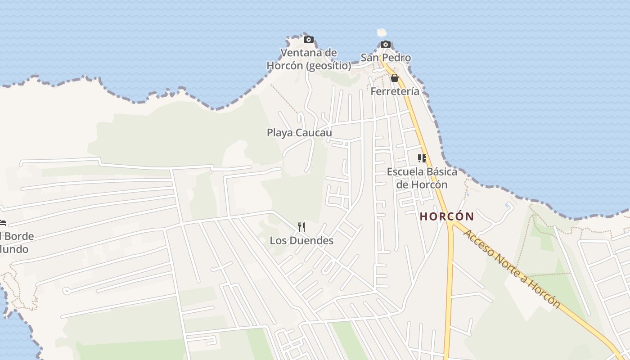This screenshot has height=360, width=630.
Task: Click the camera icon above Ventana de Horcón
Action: pos(308,40)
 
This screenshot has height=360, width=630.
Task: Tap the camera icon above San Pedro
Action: pos(386,44)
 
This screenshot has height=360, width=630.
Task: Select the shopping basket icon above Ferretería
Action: pos(395,78)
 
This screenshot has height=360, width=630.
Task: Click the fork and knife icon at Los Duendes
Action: pos(301,227)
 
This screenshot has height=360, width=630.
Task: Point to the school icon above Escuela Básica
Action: pos(422,158)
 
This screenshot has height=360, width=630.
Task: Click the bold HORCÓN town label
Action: pos(447,216)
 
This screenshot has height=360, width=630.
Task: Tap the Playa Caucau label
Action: pos(299,133)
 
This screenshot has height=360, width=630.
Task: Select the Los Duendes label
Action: pos(301,241)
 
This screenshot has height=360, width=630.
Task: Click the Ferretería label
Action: pos(395,91)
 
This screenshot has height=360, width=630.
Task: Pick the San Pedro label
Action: pos(386,58)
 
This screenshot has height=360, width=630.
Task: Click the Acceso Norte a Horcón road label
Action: pos(512,269)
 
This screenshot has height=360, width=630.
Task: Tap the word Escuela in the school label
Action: pos(405,171)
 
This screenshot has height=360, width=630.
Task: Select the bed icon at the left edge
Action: pos(2,223)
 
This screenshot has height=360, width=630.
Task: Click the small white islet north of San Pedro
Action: pos(382,32)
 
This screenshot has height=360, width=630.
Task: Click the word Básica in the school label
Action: pos(441,171)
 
